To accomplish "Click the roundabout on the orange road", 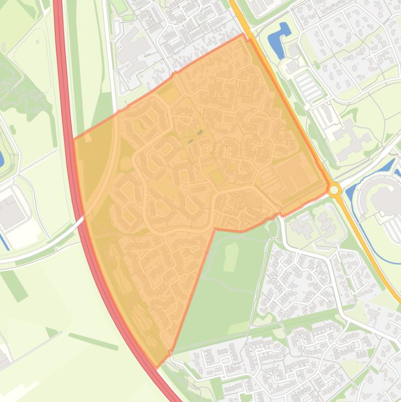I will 334,189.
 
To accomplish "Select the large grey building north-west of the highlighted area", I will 131,52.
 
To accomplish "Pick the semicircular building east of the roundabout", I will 385,198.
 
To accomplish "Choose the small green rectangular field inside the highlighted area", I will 217,178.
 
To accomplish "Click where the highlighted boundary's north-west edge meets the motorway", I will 75,140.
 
